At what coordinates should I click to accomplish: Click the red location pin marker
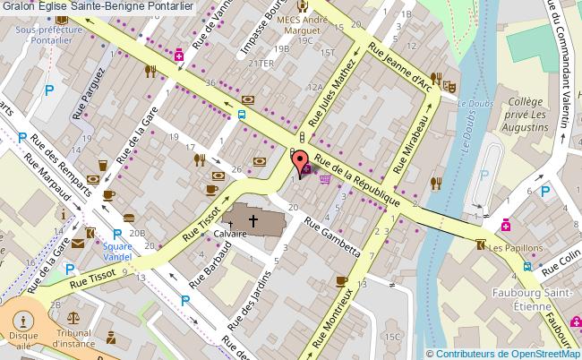click(299, 162)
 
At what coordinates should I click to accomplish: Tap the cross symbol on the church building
click(253, 219)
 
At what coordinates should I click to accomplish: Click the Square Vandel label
click(116, 251)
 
